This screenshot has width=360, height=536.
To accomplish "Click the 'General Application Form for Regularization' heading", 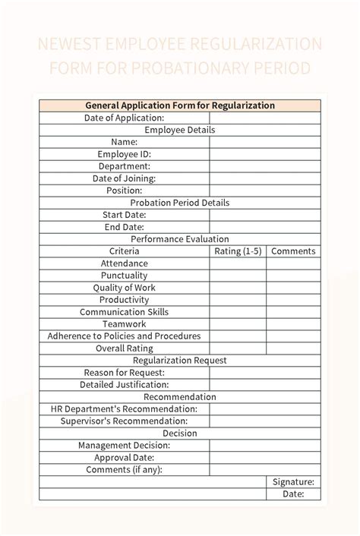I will tap(180, 106).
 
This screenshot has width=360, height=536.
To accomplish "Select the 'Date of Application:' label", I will tap(125, 118).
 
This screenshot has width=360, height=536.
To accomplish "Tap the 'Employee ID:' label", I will tap(125, 154).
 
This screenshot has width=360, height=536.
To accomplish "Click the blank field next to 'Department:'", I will tap(265, 166).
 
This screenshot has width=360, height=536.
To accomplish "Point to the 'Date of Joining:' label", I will tap(125, 178).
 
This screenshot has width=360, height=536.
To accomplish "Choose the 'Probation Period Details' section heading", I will tap(180, 203).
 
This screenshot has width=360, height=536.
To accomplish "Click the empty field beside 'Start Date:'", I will tap(265, 215).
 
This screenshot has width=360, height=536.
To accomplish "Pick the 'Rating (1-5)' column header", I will tap(238, 251).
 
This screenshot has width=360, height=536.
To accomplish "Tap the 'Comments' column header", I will tap(293, 251).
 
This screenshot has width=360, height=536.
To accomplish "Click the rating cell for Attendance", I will tap(238, 263).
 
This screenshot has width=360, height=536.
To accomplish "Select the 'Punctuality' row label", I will tap(125, 276).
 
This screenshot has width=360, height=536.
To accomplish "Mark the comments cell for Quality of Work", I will tap(293, 288).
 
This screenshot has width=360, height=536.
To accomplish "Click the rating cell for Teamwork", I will tap(238, 324).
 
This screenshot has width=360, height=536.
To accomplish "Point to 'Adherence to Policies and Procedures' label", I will tap(125, 336).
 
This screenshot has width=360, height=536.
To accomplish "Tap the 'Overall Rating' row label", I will tap(125, 348).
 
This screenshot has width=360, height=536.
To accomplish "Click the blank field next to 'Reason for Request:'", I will tap(265, 373).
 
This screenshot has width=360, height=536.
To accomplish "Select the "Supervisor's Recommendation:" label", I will tap(125, 421).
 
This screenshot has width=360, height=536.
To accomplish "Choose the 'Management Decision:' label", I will tap(125, 446).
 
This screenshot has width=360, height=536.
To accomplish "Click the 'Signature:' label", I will tap(293, 482).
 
